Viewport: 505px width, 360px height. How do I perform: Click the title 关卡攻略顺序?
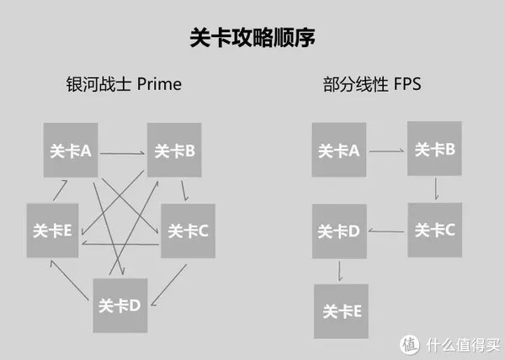252,39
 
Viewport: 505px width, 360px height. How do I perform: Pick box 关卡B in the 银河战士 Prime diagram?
174,151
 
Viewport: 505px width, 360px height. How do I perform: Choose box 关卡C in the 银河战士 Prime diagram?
188,230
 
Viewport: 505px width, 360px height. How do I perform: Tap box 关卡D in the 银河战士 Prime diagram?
119,304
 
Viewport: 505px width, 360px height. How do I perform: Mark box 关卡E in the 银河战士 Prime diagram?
53,230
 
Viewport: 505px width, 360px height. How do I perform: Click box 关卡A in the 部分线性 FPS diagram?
338,150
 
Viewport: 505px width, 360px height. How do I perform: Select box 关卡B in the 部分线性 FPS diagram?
434,149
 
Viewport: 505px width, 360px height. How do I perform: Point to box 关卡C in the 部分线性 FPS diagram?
434,230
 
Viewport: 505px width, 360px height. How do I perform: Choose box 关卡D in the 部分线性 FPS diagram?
339,230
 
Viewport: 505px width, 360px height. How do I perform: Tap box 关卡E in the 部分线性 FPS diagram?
342,311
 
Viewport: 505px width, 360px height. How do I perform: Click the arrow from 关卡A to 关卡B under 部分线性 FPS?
386,151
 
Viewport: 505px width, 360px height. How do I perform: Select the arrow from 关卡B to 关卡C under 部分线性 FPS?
435,188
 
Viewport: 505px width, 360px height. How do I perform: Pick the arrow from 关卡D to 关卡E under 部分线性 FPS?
339,271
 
